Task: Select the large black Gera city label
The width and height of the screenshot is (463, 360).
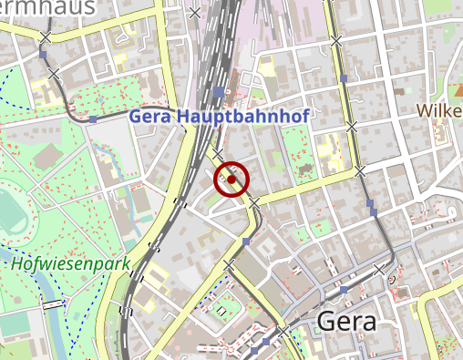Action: click(346, 323)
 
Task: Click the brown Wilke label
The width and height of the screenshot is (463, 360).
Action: click(439, 110)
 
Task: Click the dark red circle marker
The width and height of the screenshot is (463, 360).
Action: click(231, 180)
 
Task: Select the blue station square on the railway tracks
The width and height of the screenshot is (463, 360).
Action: click(217, 92)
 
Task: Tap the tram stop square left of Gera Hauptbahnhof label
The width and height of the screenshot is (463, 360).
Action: click(93, 119)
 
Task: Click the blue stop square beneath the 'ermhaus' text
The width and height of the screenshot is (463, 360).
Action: click(42, 55)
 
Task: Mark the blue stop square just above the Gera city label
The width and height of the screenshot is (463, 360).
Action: click(344, 290)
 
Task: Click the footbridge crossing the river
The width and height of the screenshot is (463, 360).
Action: click(56, 303)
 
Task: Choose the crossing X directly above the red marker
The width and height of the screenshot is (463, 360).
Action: click(219, 152)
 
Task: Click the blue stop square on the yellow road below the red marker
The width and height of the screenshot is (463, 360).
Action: click(246, 241)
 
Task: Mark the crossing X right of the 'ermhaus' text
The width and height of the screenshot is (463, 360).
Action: click(193, 13)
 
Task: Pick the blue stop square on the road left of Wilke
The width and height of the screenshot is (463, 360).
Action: click(344, 78)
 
